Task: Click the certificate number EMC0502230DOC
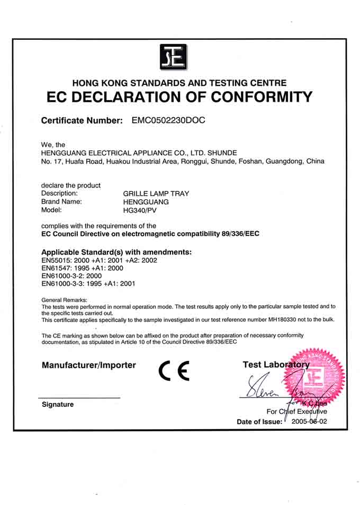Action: [168, 120]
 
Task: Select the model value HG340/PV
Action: [139, 210]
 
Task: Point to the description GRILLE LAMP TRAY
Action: [156, 193]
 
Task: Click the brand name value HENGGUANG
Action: [146, 202]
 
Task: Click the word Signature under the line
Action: [58, 404]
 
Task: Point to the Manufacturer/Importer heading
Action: [88, 365]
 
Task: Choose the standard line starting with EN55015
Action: [99, 260]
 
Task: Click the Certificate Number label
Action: [82, 121]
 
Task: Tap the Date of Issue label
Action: [259, 422]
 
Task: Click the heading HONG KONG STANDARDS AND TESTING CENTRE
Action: [179, 83]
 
